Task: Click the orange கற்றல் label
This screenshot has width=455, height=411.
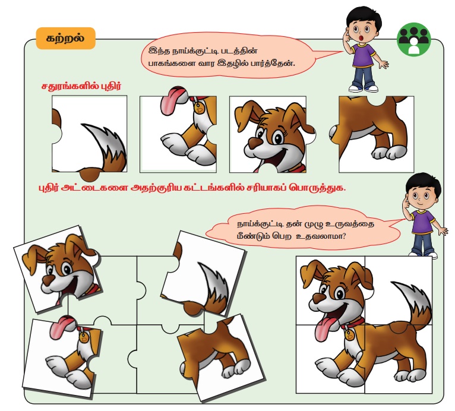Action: [66, 38]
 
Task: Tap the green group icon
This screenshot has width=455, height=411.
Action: [414, 39]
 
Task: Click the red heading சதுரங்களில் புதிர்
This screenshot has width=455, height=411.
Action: [81, 86]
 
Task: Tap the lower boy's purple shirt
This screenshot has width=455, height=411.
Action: [424, 222]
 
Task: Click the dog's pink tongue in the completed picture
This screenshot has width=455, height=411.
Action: [324, 329]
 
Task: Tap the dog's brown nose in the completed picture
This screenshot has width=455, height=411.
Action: [319, 298]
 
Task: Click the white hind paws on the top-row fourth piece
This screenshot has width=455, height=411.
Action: [390, 152]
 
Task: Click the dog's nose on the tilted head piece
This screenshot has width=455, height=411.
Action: [48, 280]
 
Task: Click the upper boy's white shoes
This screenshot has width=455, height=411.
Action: [364, 88]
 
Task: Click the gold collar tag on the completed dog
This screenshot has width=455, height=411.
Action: [350, 334]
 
